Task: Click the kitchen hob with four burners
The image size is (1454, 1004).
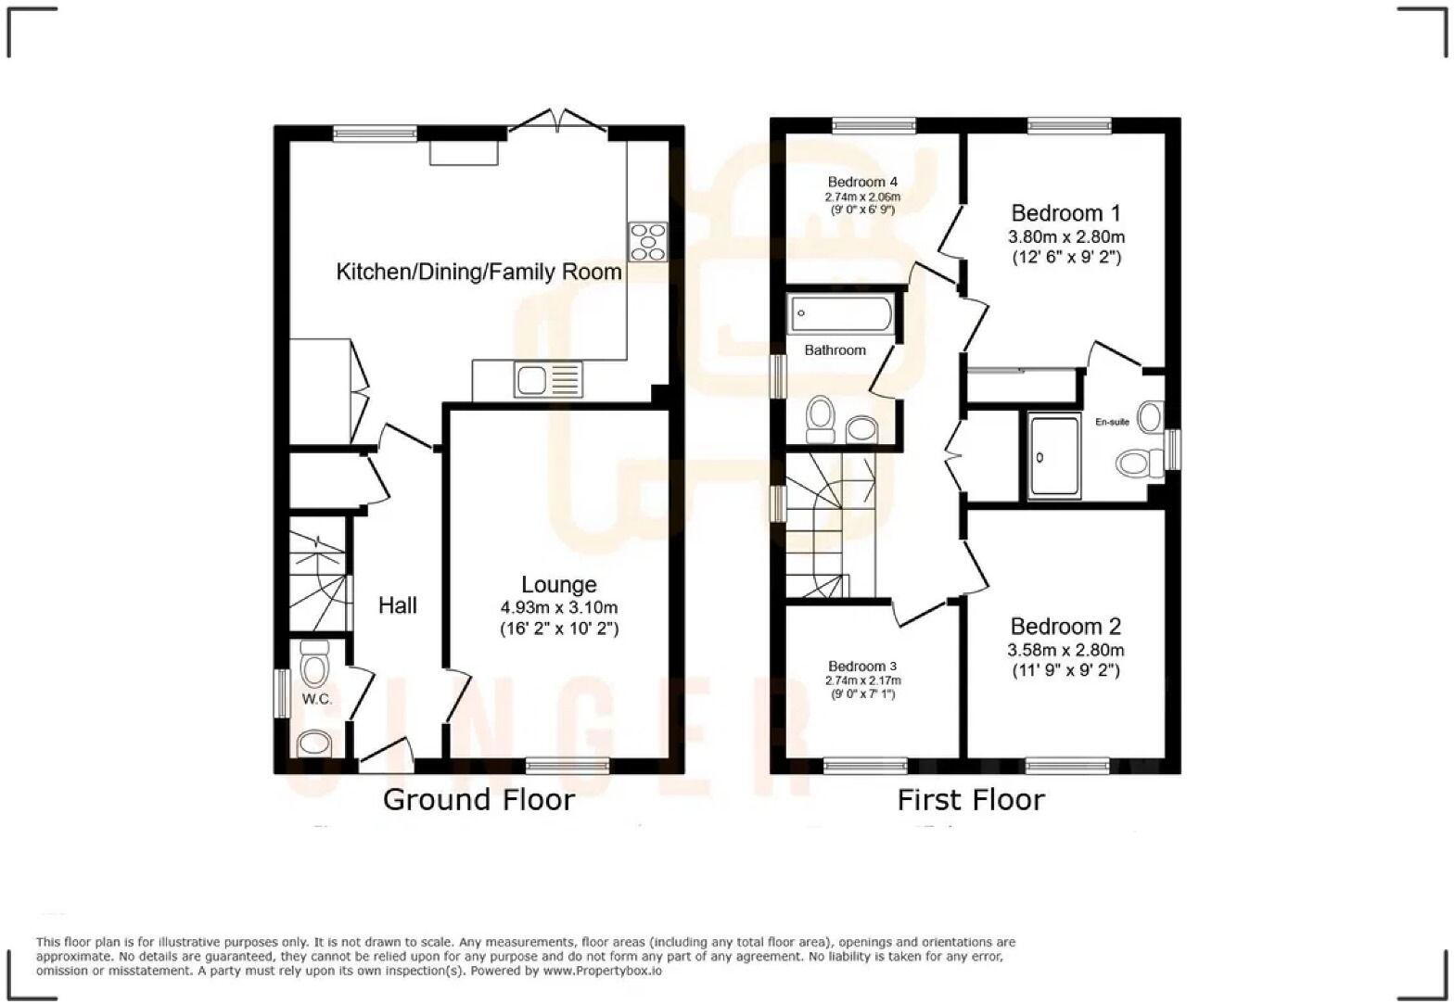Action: click(647, 241)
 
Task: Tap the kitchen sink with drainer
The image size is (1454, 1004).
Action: click(548, 380)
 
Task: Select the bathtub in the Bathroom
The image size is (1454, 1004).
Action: click(840, 315)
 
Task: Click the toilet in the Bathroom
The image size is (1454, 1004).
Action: click(820, 418)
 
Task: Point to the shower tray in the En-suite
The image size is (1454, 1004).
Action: click(1054, 456)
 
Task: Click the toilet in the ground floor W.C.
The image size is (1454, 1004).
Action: click(315, 664)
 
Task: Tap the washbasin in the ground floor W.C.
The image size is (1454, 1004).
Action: click(314, 743)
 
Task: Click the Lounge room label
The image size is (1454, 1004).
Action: click(558, 585)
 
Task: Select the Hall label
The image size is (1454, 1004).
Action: click(398, 605)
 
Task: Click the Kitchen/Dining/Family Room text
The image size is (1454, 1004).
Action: click(478, 272)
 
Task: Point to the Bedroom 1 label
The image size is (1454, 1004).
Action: click(1057, 213)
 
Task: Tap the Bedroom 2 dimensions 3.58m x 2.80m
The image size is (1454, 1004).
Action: click(1066, 650)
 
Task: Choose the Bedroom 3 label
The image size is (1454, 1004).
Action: click(862, 666)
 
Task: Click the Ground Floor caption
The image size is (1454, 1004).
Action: click(478, 800)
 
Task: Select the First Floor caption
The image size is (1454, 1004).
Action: click(971, 800)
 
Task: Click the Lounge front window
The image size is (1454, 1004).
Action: click(567, 765)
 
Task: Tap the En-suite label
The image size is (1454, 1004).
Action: click(1112, 423)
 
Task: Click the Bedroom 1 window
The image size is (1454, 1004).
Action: click(1068, 124)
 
